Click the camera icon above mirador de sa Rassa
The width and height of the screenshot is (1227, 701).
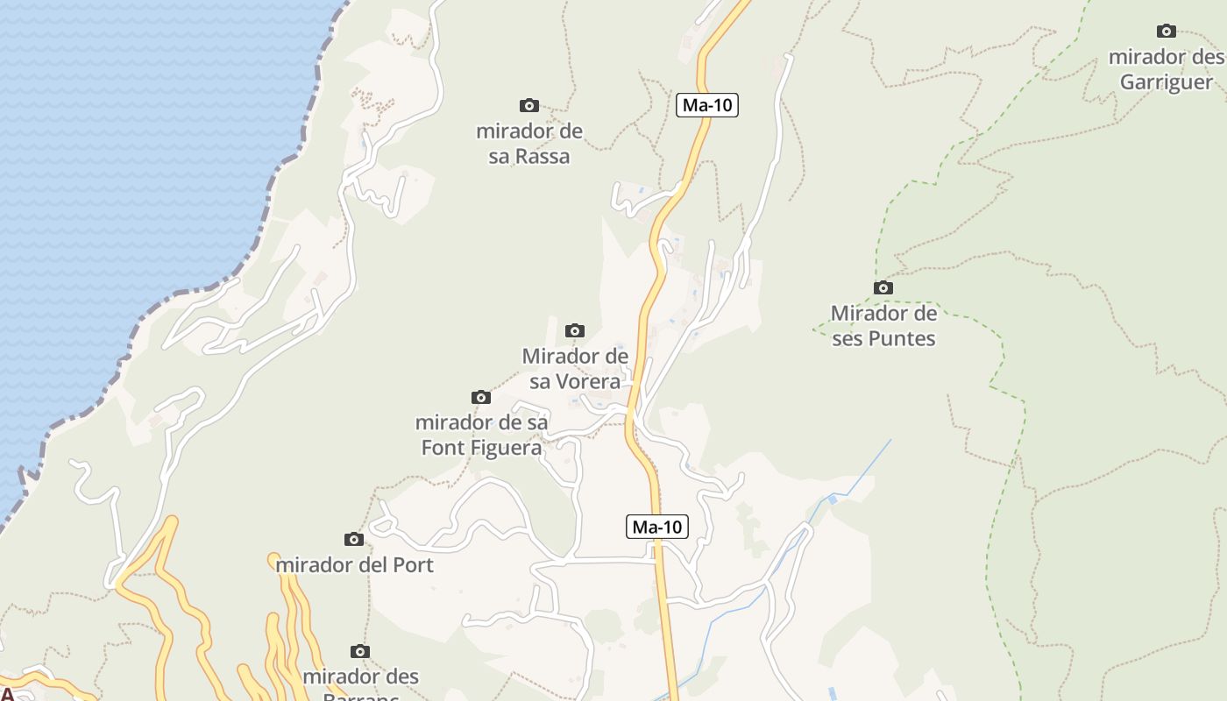point(529,106)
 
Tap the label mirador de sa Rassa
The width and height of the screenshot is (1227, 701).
point(529,144)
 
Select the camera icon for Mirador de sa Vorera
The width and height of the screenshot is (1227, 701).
point(575,331)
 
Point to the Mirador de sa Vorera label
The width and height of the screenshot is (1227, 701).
point(575,369)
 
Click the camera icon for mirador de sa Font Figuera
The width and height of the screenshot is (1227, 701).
point(481,398)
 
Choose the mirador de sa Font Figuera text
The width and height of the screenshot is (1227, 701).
point(481,435)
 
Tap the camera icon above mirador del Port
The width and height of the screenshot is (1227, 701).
point(354,539)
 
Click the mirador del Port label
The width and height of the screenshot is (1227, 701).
point(355,565)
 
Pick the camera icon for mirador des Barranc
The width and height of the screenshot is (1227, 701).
point(360,652)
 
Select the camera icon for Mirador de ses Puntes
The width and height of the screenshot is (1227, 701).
point(883,288)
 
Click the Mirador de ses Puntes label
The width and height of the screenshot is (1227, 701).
point(883,325)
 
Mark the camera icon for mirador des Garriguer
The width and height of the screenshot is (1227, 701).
point(1167,32)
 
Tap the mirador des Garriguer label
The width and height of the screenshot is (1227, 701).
point(1167,69)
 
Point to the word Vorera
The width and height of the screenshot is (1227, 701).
point(575,382)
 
